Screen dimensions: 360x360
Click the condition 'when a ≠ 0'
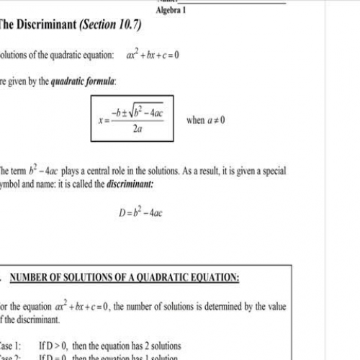point(205,120)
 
